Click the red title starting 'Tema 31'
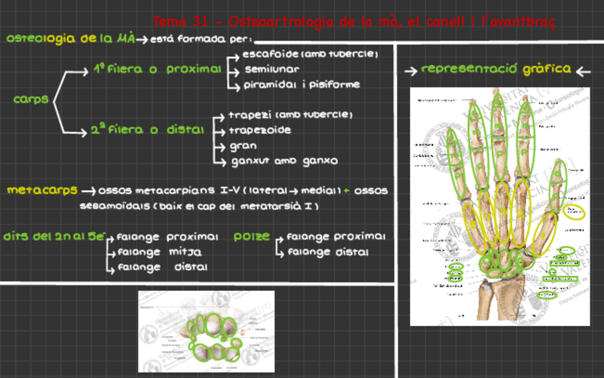click(354, 22)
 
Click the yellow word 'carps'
click(31, 100)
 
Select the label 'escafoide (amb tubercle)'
click(310, 54)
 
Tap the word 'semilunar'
click(272, 69)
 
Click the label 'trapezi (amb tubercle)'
click(291, 115)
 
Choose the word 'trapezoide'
click(260, 130)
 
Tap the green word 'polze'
click(251, 237)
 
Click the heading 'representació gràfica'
click(496, 69)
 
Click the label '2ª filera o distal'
click(147, 131)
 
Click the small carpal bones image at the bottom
click(206, 332)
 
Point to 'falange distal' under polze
click(328, 252)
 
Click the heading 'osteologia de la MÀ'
click(71, 39)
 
